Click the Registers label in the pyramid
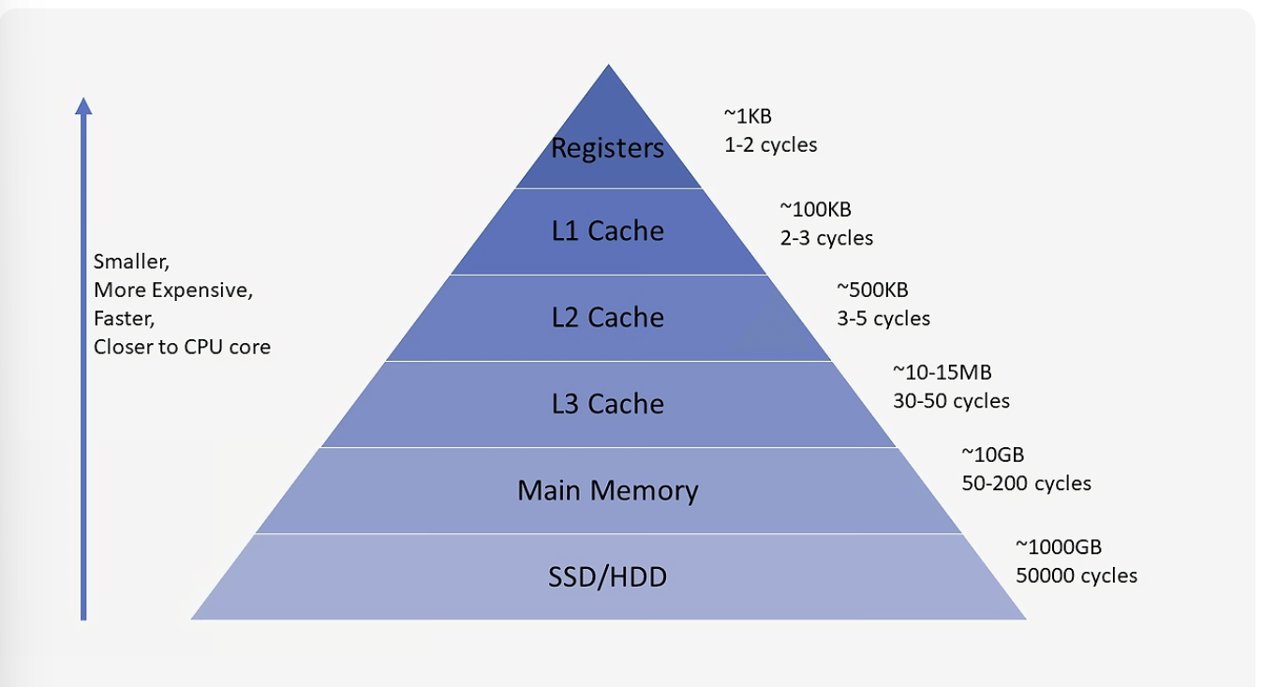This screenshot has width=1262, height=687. (607, 148)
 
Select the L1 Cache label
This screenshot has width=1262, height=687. (607, 231)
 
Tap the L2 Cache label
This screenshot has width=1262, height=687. (607, 318)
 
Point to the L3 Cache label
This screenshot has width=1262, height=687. (607, 404)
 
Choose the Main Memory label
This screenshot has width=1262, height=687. (607, 490)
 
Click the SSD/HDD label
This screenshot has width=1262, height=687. (607, 576)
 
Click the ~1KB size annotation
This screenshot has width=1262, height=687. (748, 116)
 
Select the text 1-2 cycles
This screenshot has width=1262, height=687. (770, 145)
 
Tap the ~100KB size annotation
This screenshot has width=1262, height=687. (815, 209)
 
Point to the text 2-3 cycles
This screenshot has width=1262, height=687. (826, 238)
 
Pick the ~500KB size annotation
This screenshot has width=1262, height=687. (872, 290)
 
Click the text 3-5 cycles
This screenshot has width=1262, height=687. (883, 319)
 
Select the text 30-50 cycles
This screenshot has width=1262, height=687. (951, 401)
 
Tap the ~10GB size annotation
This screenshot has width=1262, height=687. (993, 455)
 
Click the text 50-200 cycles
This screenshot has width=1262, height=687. (1026, 484)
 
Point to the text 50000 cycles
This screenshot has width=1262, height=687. (1076, 575)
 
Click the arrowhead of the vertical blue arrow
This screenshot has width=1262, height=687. (83, 105)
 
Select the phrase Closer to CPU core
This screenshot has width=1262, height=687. (182, 347)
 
